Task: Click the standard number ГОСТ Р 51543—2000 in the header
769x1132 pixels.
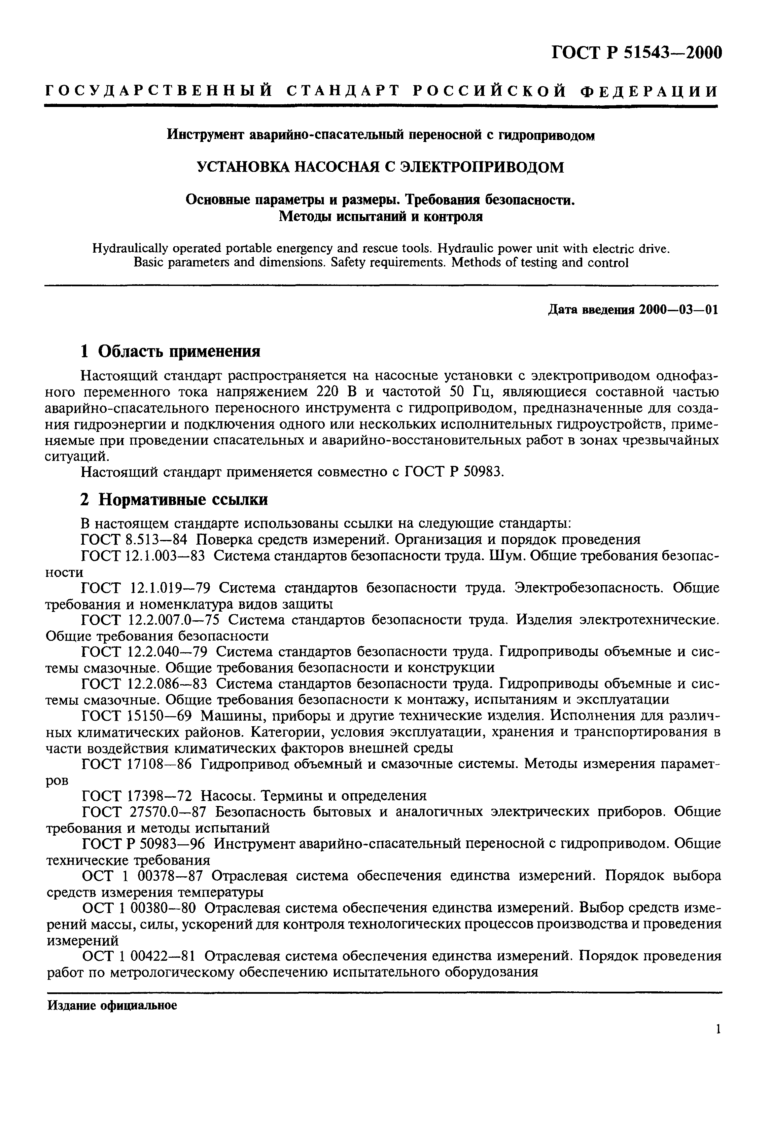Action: coord(636,52)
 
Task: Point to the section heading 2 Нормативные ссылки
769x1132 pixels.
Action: coord(174,500)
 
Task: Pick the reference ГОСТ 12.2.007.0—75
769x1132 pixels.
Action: coord(150,620)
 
